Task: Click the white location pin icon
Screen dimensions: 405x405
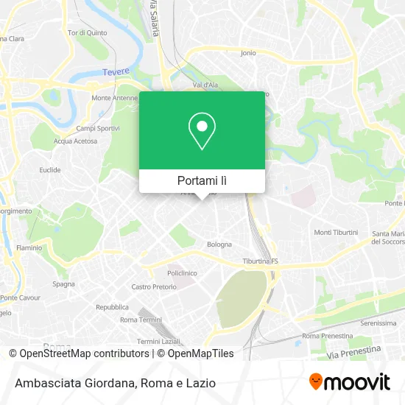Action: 202,130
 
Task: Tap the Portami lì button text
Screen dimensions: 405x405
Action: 202,180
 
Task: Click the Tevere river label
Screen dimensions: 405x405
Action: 114,71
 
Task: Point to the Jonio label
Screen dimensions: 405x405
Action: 248,53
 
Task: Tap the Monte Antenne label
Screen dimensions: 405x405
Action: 111,98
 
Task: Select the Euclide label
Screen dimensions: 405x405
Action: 50,169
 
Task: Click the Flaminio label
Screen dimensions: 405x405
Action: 30,248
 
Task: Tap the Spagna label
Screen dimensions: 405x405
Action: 63,283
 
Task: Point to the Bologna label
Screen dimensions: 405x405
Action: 219,244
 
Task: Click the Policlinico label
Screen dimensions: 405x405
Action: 182,272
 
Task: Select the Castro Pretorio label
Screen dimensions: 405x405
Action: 153,286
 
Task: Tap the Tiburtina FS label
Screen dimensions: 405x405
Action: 261,261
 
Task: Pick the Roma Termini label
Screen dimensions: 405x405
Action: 140,320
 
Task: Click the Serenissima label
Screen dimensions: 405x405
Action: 378,323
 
